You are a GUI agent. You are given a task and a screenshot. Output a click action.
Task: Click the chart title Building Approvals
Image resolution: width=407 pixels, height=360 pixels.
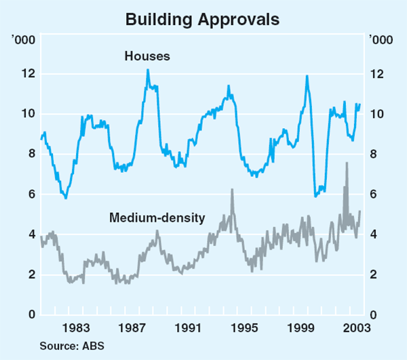[203, 19]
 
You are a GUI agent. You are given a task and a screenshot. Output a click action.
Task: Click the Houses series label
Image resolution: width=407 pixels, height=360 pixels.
[147, 56]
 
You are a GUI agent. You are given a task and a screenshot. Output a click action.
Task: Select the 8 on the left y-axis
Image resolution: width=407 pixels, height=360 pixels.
[30, 154]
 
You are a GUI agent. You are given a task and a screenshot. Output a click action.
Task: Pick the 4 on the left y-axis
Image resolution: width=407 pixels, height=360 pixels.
[30, 235]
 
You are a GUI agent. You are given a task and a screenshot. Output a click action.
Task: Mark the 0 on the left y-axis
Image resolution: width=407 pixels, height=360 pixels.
[30, 315]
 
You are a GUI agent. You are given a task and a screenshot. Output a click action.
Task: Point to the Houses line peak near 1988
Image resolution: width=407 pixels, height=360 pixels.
[148, 70]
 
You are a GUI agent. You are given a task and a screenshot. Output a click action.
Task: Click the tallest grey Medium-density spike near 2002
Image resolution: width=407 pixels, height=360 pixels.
[347, 163]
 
